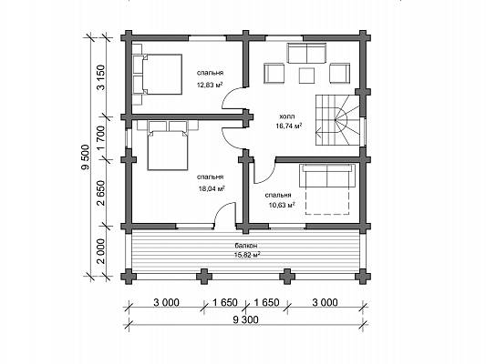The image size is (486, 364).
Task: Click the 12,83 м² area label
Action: pyautogui.click(x=210, y=85)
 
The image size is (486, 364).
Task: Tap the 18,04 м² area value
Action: pyautogui.click(x=212, y=188)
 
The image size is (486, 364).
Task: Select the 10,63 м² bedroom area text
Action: pyautogui.click(x=281, y=205)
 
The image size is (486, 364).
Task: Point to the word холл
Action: pyautogui.click(x=287, y=116)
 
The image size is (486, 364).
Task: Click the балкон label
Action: pyautogui.click(x=246, y=246)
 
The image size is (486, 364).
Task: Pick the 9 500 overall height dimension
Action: pyautogui.click(x=85, y=157)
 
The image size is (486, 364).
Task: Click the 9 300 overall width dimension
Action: pyautogui.click(x=245, y=319)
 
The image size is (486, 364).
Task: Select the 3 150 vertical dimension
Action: pyautogui.click(x=100, y=77)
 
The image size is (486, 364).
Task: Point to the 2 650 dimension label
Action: pyautogui.click(x=100, y=193)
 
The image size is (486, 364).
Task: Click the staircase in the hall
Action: pyautogui.click(x=337, y=120)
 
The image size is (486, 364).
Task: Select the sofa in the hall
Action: pyautogui.click(x=307, y=53)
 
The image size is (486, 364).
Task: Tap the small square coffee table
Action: pyautogui.click(x=306, y=76)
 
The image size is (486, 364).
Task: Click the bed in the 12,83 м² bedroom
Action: pyautogui.click(x=158, y=75)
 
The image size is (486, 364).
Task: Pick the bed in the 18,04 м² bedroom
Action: pyautogui.click(x=168, y=146)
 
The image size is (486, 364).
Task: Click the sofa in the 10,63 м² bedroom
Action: pyautogui.click(x=327, y=176)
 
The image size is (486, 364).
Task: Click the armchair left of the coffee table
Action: pyautogui.click(x=274, y=74)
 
